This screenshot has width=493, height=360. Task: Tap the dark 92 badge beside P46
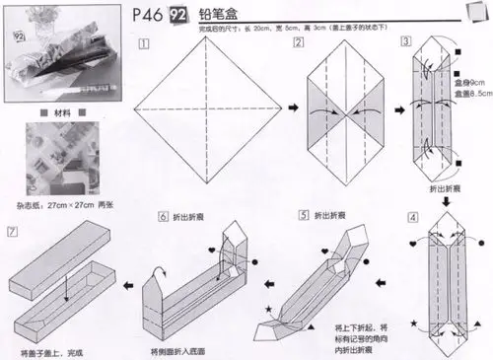tap(180, 16)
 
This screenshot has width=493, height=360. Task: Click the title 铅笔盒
tap(215, 16)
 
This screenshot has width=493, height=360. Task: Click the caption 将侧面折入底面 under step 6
tap(182, 351)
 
